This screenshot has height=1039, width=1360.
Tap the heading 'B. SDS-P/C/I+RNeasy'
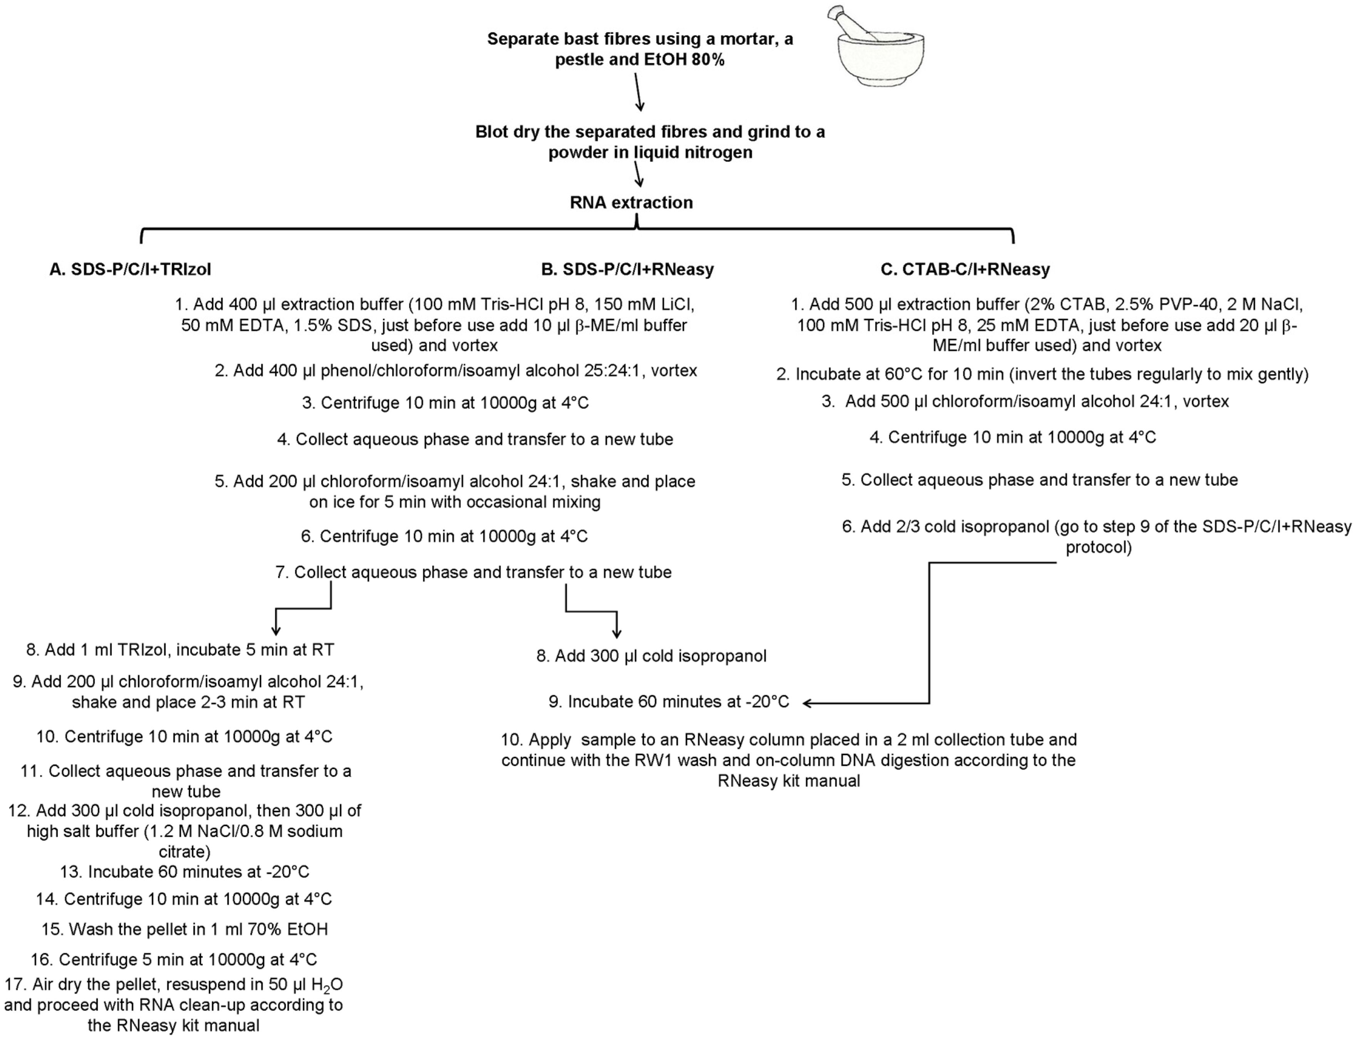point(627,269)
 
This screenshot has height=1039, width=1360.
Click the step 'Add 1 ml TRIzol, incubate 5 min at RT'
point(180,650)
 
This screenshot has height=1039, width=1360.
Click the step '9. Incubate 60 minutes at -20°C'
point(669,702)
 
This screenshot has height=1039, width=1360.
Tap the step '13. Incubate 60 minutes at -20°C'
point(184,872)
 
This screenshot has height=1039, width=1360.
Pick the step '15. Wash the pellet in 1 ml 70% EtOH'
point(184,929)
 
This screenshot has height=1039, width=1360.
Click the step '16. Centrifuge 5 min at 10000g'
point(174,959)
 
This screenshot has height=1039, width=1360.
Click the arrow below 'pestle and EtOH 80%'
point(639,93)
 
